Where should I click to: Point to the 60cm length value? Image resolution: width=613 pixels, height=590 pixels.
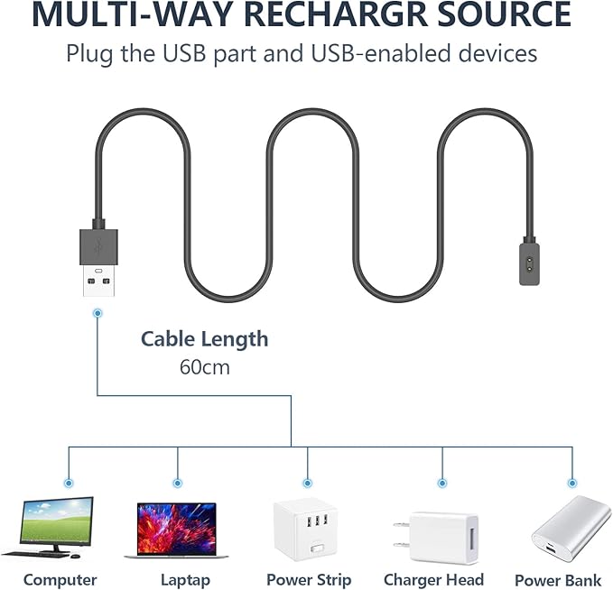click(x=204, y=367)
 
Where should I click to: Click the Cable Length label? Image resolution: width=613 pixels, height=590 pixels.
click(x=204, y=339)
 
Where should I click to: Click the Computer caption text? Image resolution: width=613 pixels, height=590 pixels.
click(x=60, y=580)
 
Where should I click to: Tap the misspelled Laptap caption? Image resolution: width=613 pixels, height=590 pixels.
click(x=185, y=580)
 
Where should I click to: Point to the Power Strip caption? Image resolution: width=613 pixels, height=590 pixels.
click(x=309, y=580)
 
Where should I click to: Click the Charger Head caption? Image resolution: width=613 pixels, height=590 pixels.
click(x=433, y=580)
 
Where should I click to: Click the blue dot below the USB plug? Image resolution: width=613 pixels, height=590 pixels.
click(x=98, y=313)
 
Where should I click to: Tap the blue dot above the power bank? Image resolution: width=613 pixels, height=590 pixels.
click(x=571, y=482)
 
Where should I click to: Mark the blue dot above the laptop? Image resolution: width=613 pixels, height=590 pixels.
click(x=177, y=482)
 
